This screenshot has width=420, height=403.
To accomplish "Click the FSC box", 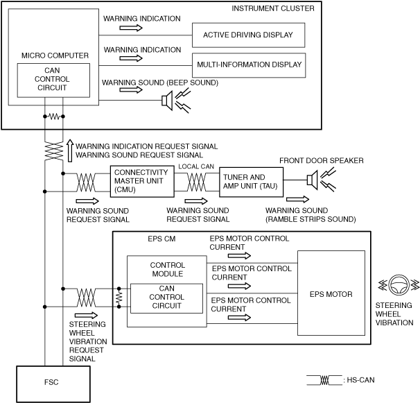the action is point(53,384).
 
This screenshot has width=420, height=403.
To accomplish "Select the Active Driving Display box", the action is point(248,35).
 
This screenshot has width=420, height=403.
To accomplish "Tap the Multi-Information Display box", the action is point(249,65).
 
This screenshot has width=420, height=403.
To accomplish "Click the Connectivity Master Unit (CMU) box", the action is point(142,181).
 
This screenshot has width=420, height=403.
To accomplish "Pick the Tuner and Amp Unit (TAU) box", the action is point(252,182).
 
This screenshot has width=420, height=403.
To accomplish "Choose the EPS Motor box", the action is point(331,293).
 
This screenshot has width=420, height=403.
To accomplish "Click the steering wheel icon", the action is point(399,285).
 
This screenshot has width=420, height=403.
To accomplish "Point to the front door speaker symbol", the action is point(321,180).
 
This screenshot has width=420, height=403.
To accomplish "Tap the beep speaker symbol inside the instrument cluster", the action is point(176,101).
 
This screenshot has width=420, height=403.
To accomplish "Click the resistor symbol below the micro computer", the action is point(54,117).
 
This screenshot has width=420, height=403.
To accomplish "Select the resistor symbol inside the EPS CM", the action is point(119,298).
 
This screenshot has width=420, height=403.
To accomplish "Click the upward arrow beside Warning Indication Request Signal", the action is point(70,151).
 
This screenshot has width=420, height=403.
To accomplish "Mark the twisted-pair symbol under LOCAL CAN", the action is point(197,182).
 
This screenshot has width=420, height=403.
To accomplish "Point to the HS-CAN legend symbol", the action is point(324,380).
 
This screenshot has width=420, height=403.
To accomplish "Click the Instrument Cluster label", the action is point(273,8).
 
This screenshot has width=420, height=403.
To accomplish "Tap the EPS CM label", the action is point(161,239).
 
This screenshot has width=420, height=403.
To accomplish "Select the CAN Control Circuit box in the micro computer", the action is point(53,80).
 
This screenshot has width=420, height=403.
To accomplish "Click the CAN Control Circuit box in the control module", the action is point(166,298).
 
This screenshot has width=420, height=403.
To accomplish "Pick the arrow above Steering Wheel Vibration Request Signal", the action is point(86,316).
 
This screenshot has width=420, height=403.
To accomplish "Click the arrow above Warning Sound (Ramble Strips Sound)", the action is point(297,199).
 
